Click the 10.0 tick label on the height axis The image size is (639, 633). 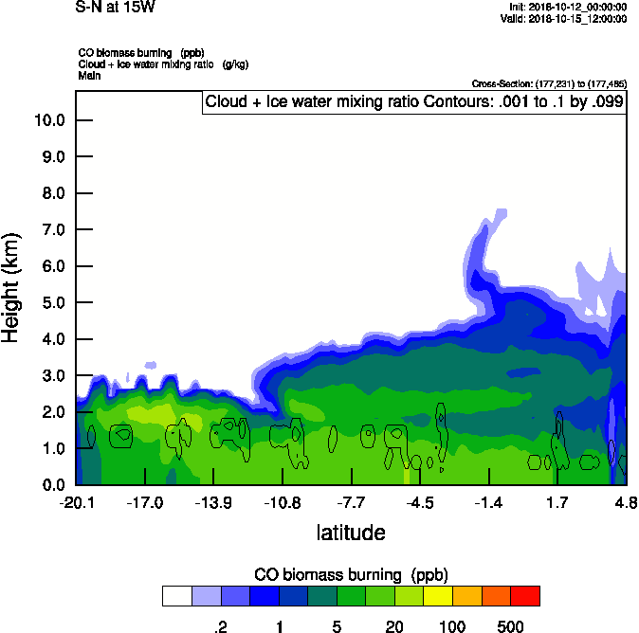pos(48,120)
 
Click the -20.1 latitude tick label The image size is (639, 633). pos(76,501)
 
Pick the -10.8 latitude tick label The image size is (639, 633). pos(282,501)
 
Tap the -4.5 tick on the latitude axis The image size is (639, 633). pos(420,501)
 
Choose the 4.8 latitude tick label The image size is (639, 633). pos(626,501)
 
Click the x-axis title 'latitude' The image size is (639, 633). pos(351,533)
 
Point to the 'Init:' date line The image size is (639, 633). pos(567,7)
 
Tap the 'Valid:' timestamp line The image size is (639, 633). pos(565,18)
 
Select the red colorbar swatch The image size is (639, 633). pos(524,596)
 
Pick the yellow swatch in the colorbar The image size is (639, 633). pos(437,596)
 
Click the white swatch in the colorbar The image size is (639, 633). pos(176,596)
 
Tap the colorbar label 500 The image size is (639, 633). pos(511,626)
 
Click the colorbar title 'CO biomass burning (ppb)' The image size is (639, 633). pos(351,575)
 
